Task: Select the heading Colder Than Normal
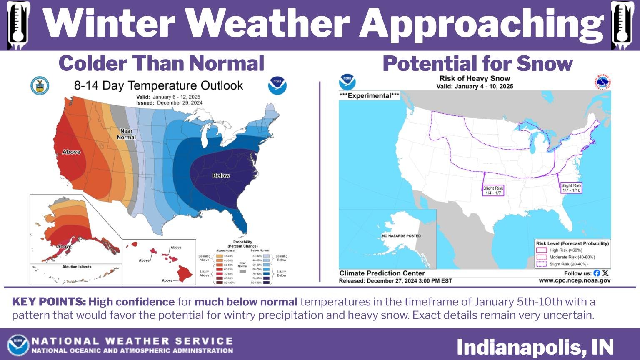click(162, 63)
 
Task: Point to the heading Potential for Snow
click(477, 64)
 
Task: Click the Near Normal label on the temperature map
click(126, 134)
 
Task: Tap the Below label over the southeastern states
click(221, 175)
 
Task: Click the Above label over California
click(71, 152)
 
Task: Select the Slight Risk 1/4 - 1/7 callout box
click(493, 190)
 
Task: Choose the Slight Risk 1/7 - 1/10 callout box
click(571, 188)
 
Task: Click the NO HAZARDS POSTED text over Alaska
click(401, 236)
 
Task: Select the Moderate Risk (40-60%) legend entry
click(572, 257)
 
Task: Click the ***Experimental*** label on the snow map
click(369, 96)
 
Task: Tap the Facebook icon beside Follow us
click(597, 273)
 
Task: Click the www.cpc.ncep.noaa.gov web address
click(574, 280)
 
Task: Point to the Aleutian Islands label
click(77, 267)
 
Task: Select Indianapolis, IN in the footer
click(535, 347)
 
